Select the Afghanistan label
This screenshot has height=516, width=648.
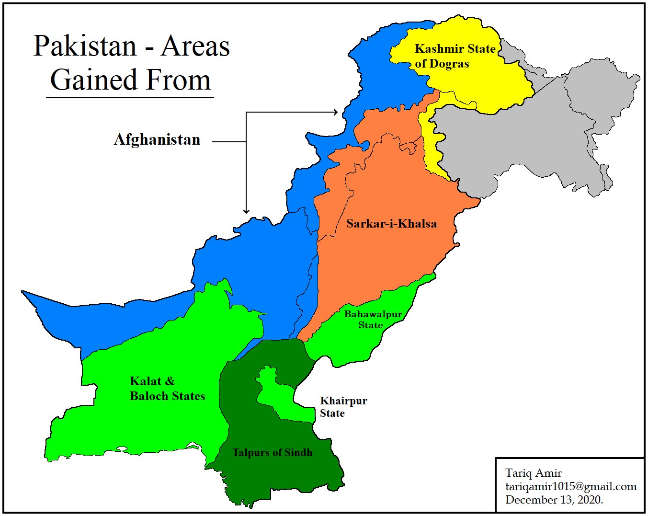(x=157, y=140)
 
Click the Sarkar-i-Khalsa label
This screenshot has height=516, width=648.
(x=391, y=224)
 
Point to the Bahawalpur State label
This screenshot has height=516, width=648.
(x=372, y=320)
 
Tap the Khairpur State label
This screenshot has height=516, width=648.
(x=343, y=407)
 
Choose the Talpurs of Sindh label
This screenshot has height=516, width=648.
(x=272, y=453)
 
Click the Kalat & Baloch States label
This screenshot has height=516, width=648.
(x=167, y=389)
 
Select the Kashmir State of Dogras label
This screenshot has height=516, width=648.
(x=454, y=56)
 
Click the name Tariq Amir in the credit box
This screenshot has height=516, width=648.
(x=533, y=473)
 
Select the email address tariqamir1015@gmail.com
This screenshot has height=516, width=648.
(x=570, y=486)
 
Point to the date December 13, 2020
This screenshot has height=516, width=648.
(x=554, y=500)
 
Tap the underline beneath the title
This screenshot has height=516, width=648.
(x=130, y=98)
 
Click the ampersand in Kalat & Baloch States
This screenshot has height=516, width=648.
(x=170, y=381)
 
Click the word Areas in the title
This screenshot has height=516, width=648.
(x=195, y=46)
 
